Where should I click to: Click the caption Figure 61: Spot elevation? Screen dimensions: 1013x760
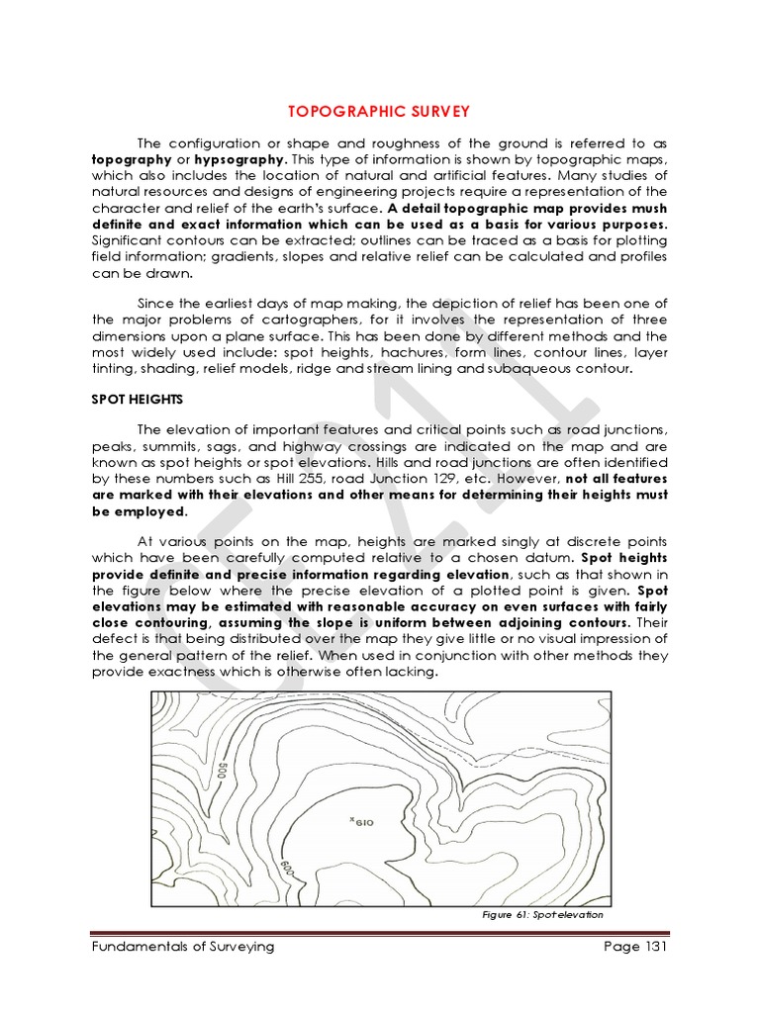click(x=542, y=914)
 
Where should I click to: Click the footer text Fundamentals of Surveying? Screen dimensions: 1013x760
click(x=182, y=947)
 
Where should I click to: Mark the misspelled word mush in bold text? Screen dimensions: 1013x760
click(x=644, y=209)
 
